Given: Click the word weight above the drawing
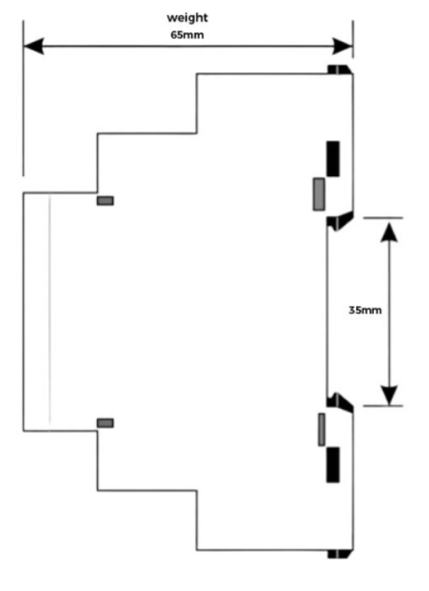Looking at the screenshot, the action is point(187,18).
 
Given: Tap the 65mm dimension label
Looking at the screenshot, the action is point(187,35).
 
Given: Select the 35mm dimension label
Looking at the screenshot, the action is point(365,310).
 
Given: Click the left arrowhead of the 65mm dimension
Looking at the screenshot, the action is point(33,46).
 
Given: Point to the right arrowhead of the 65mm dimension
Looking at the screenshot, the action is point(342,46).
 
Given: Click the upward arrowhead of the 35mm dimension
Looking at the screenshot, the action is point(389,231).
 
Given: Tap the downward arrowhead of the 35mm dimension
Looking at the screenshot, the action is point(389,395).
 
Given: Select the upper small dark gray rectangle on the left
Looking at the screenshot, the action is point(105,201).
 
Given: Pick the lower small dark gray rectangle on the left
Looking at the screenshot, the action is point(105,423).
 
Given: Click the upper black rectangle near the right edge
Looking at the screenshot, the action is point(333,159).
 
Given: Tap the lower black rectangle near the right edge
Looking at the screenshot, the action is point(333,465).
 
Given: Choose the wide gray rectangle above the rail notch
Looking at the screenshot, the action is point(319,194).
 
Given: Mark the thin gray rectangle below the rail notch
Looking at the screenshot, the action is point(322,429).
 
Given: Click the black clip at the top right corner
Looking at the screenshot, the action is point(339,70).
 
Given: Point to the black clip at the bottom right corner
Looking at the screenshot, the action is point(339,554).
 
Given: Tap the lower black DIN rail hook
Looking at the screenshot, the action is point(340,401).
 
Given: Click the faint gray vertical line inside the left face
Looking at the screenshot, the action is point(50,311).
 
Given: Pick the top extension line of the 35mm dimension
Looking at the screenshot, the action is point(383,218).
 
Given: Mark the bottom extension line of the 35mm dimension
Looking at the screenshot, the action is point(383,406).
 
